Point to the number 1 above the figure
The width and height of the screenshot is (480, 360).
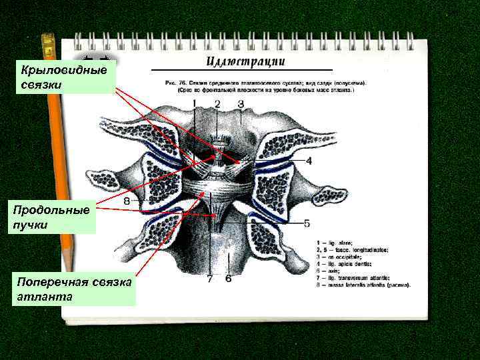click(195, 103)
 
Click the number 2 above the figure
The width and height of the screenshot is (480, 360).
click(217, 103)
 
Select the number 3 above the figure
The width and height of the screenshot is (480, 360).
click(240, 103)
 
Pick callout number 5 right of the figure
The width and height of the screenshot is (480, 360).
click(307, 222)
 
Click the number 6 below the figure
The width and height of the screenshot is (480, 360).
click(228, 278)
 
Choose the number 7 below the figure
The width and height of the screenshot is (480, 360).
click(209, 278)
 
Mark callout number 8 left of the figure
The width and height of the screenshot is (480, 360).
click(127, 200)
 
